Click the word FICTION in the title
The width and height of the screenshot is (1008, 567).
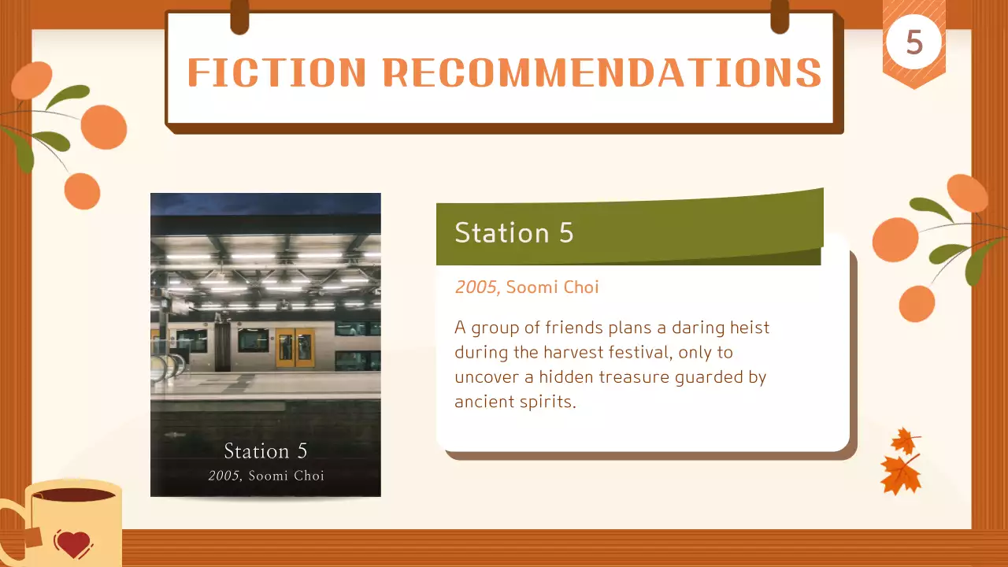point(276,72)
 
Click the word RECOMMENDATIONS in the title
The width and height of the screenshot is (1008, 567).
point(602,72)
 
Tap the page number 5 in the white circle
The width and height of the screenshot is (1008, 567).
point(914,43)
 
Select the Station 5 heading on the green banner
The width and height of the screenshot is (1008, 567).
point(514,232)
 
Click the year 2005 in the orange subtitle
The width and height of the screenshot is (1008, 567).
point(476,287)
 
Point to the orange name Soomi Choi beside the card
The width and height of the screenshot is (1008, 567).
point(552,287)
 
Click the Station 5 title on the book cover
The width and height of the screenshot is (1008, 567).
point(265,451)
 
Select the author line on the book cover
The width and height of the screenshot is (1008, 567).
point(266,476)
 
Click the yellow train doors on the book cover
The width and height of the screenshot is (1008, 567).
point(295,347)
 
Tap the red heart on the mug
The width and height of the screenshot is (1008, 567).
point(73,544)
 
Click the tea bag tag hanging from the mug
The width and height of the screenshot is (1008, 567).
point(32,538)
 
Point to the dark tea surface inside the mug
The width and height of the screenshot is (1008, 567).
point(73,495)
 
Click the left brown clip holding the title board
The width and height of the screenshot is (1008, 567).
point(240,17)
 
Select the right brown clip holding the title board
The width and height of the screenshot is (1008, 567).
point(780,17)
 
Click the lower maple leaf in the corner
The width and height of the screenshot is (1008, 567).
point(900,476)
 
